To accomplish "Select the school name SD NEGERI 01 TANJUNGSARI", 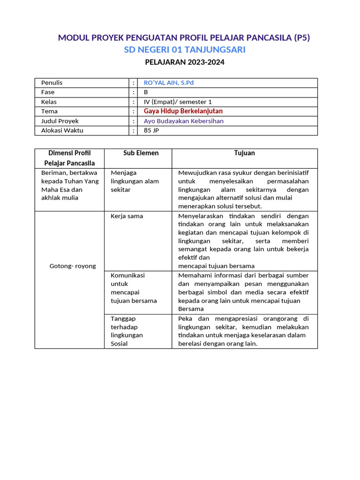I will click(x=185, y=50).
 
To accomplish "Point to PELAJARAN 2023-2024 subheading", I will click(x=185, y=62).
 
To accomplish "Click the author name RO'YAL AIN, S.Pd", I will click(x=169, y=83).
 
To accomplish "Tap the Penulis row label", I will click(x=52, y=83).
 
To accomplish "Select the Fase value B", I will click(x=146, y=92).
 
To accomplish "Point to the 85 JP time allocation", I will click(x=151, y=130).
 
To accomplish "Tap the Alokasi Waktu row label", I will click(x=62, y=130).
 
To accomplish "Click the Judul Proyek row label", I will click(x=60, y=121).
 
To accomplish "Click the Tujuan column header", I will click(x=245, y=153).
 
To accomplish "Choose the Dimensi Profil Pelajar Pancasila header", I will click(x=69, y=158).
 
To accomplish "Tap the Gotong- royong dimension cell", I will click(x=73, y=266).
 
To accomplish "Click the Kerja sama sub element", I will click(x=127, y=216).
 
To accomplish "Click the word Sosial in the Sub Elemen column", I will click(x=119, y=344).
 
